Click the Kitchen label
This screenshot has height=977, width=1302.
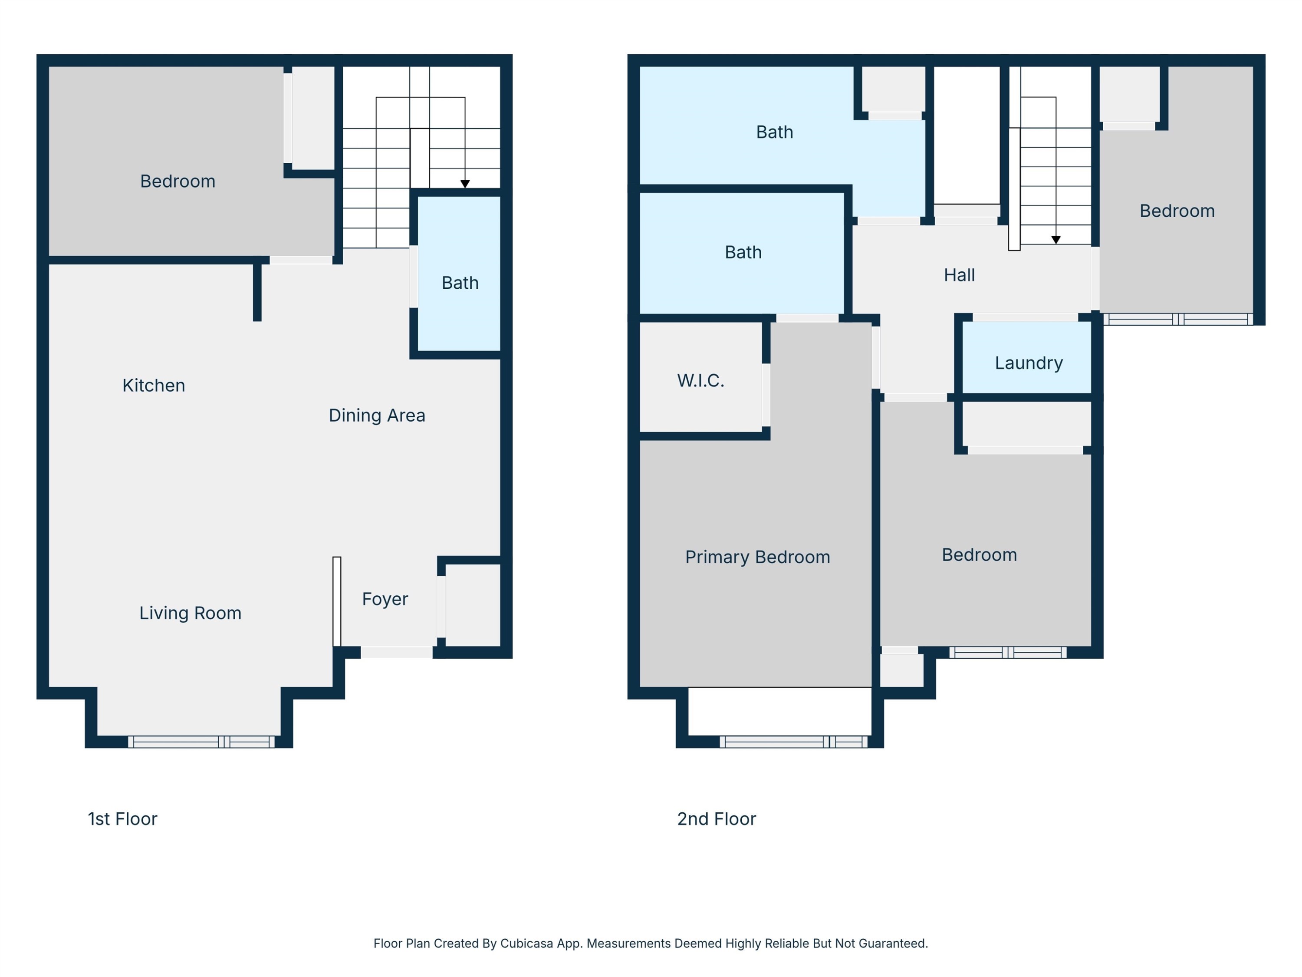154,385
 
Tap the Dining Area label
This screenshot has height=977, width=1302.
377,415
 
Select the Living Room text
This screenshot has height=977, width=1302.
190,613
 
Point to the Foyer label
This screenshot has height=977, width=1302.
385,599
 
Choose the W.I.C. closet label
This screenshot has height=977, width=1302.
700,380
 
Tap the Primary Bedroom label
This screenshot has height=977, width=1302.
757,557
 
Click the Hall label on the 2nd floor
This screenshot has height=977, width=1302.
960,275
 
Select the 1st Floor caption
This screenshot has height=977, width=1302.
122,819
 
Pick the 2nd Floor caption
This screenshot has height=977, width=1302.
717,819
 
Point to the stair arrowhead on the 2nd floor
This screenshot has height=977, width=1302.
1056,240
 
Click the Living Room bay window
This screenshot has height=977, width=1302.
201,742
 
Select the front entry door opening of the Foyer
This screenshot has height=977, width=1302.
397,652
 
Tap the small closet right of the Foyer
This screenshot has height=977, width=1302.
473,605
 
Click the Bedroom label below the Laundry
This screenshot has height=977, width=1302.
980,555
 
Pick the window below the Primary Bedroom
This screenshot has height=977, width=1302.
793,742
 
